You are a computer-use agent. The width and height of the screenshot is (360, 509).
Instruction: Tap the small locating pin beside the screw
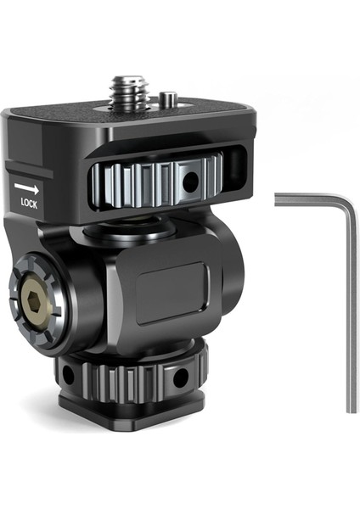click(170, 102)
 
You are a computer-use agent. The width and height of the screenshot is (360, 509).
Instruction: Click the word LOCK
click(28, 203)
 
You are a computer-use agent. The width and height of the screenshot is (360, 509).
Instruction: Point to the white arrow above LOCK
click(27, 187)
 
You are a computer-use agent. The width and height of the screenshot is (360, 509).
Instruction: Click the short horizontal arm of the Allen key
click(306, 200)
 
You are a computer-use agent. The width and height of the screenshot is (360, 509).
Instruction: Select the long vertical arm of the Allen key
click(349, 314)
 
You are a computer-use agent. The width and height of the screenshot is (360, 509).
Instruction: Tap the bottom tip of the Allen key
click(350, 411)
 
